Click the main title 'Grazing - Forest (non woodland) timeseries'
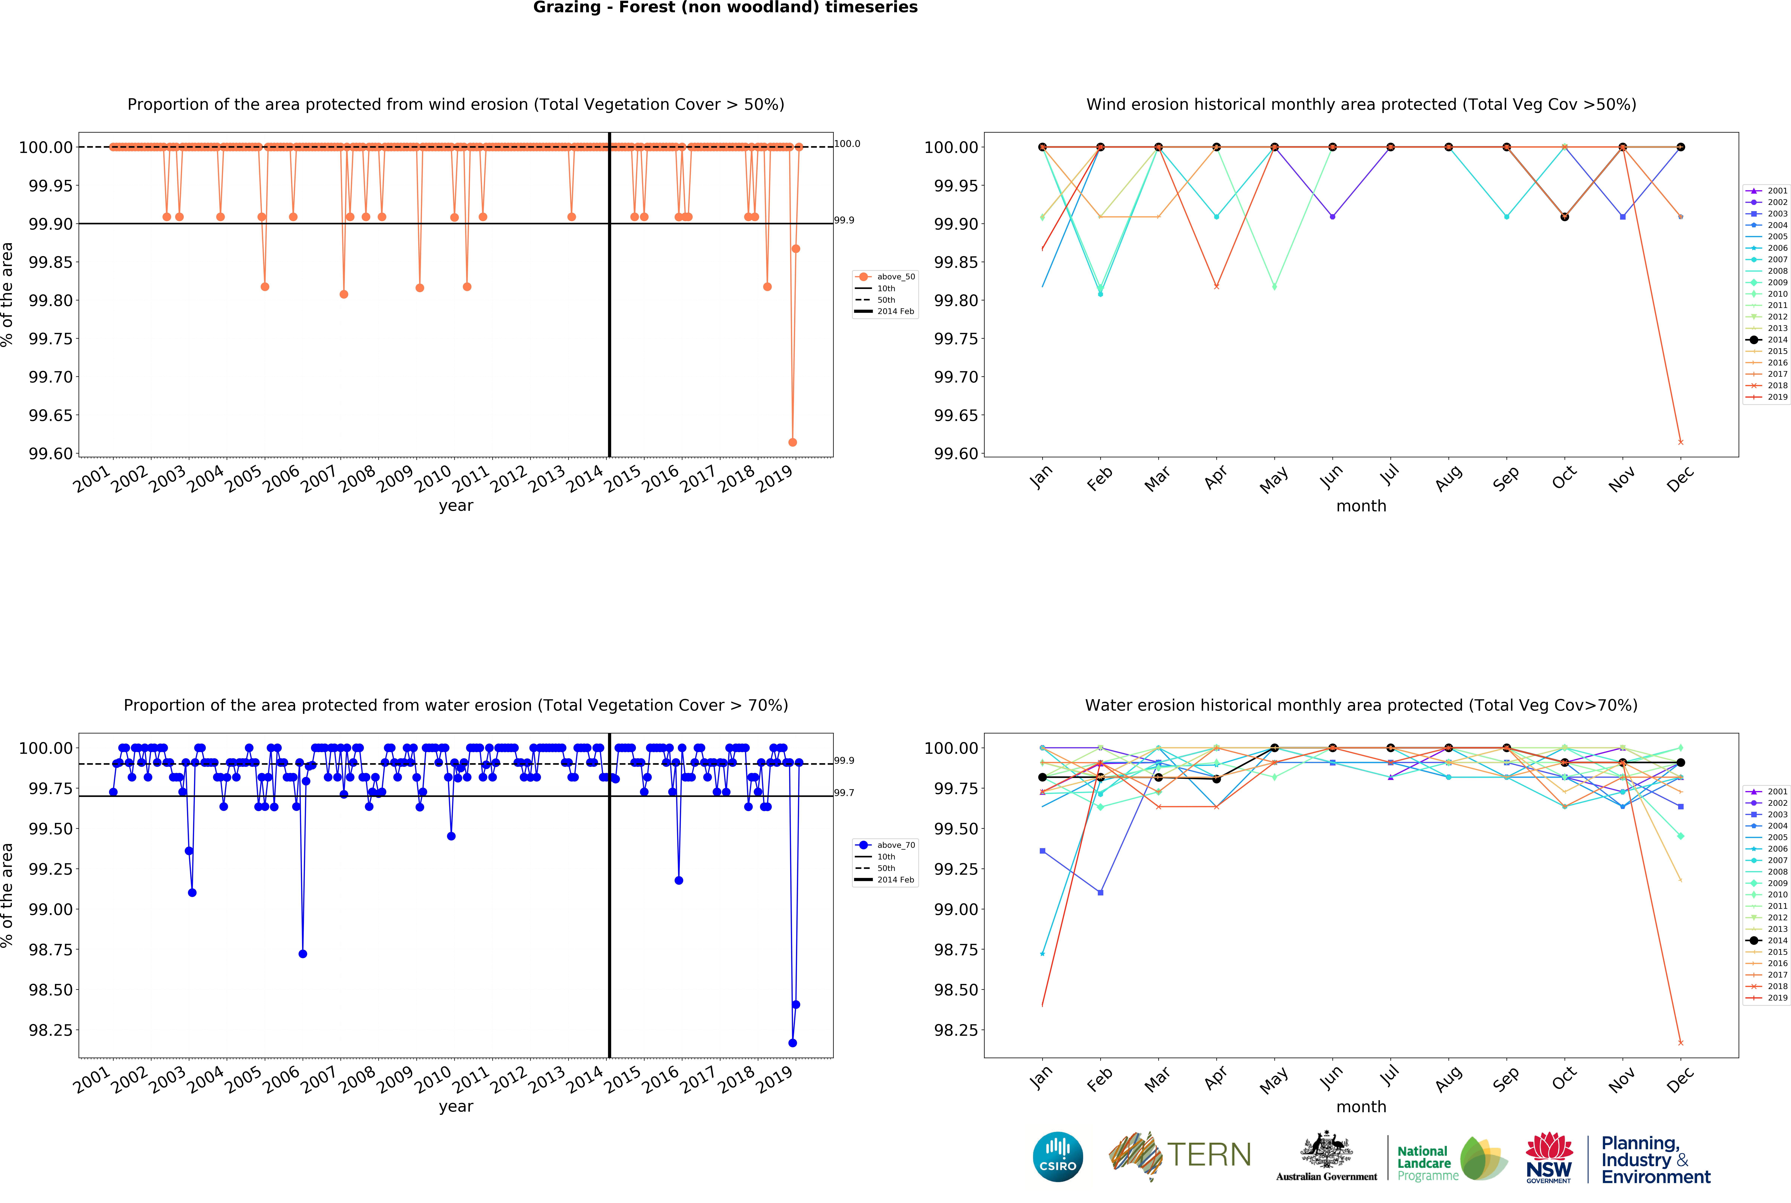pyautogui.click(x=725, y=8)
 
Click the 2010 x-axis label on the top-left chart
pyautogui.click(x=434, y=480)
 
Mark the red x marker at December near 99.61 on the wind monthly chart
pyautogui.click(x=1681, y=442)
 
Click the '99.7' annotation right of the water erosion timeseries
pyautogui.click(x=844, y=793)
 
